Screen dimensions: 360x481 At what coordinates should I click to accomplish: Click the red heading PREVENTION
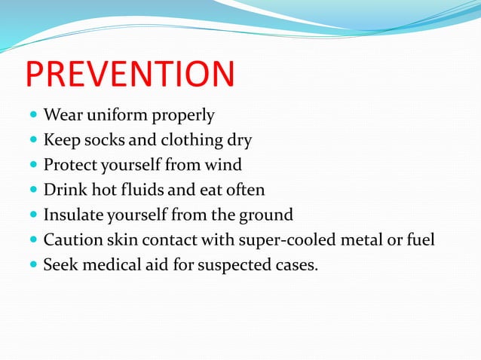pyautogui.click(x=130, y=75)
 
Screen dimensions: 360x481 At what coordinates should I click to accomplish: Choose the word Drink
pyautogui.click(x=63, y=190)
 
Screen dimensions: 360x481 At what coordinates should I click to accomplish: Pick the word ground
pyautogui.click(x=266, y=215)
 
